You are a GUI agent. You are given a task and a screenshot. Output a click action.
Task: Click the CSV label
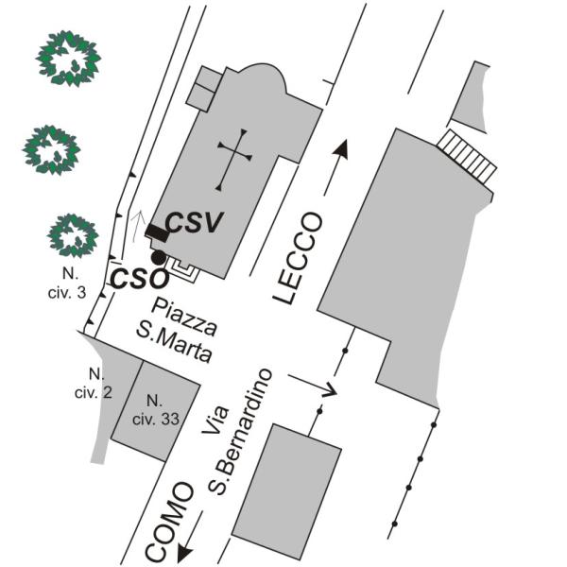click(x=194, y=222)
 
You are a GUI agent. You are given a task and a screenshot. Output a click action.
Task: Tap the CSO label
click(x=140, y=279)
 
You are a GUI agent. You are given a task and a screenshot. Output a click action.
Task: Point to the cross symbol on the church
click(x=234, y=160)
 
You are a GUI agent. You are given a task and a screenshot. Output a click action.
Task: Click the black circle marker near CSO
click(x=159, y=257)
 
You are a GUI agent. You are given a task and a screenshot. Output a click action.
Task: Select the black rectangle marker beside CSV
click(x=157, y=232)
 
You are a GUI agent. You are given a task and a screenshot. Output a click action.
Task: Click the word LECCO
click(x=298, y=258)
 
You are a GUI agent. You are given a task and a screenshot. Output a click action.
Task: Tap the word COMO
click(x=169, y=523)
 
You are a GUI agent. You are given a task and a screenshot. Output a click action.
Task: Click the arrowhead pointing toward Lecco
click(x=341, y=149)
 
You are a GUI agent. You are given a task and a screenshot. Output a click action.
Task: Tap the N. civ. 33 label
click(x=156, y=410)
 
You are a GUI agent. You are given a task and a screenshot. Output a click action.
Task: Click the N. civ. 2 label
click(x=94, y=384)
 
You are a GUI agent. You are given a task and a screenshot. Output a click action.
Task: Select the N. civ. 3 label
click(x=67, y=283)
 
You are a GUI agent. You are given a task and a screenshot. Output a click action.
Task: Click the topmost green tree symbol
click(x=68, y=59)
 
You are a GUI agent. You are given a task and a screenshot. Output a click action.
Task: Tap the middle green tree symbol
click(x=51, y=149)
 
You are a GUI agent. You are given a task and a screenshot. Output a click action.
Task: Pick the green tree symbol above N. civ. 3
click(x=73, y=235)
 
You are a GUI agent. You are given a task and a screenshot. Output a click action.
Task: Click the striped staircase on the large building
click(x=467, y=156)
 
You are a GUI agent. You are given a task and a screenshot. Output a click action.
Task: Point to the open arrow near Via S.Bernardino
click(x=313, y=386)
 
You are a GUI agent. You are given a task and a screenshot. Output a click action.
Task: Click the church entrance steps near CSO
click(x=183, y=270)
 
